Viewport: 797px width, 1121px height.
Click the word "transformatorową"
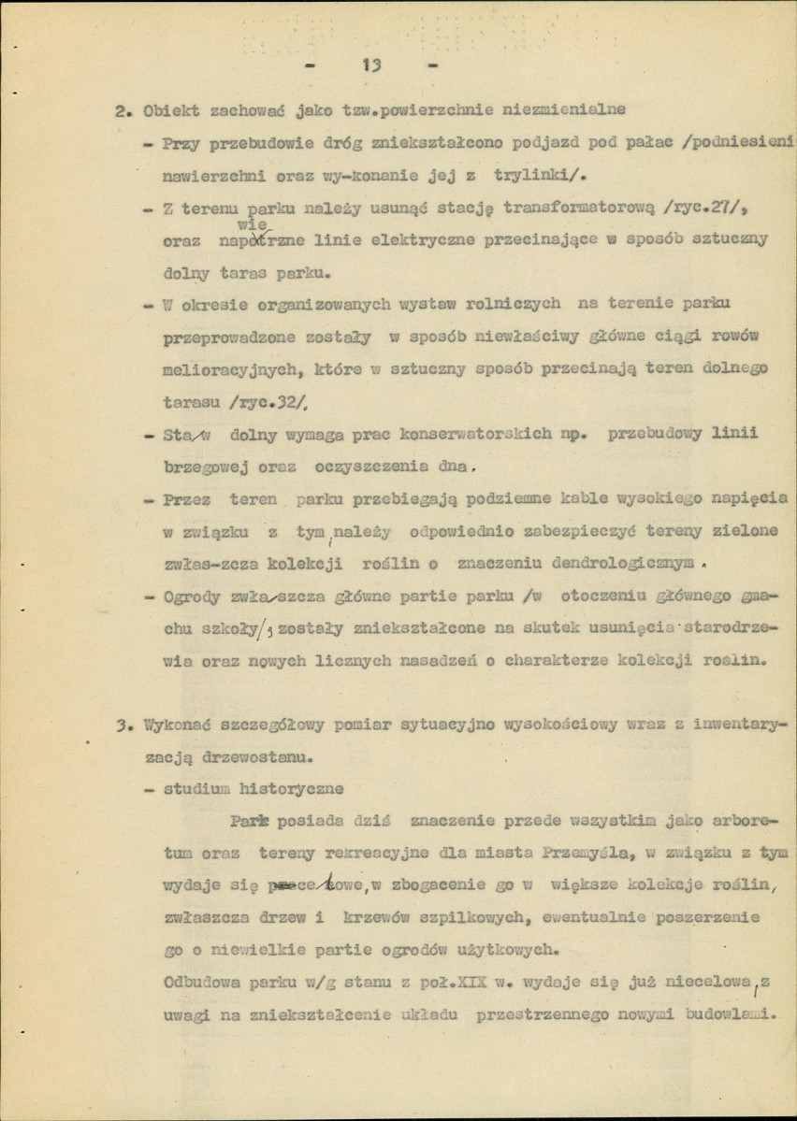[576, 208]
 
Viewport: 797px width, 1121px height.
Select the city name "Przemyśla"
[584, 854]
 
